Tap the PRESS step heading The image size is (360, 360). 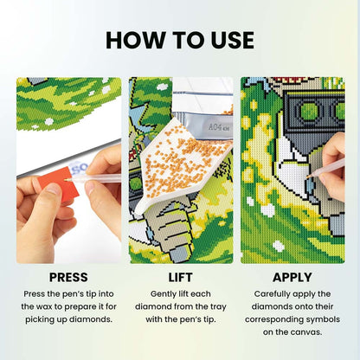(x=68, y=277)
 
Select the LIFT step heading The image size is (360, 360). (x=180, y=277)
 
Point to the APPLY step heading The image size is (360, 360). (x=292, y=277)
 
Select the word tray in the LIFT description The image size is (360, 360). (x=217, y=307)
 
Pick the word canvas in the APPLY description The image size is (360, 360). (x=307, y=332)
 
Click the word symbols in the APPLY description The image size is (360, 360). (x=323, y=319)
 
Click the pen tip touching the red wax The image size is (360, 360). (x=66, y=179)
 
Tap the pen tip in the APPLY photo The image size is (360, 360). (x=308, y=177)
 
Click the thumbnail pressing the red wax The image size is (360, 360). (x=53, y=189)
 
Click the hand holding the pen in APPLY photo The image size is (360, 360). (x=331, y=166)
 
